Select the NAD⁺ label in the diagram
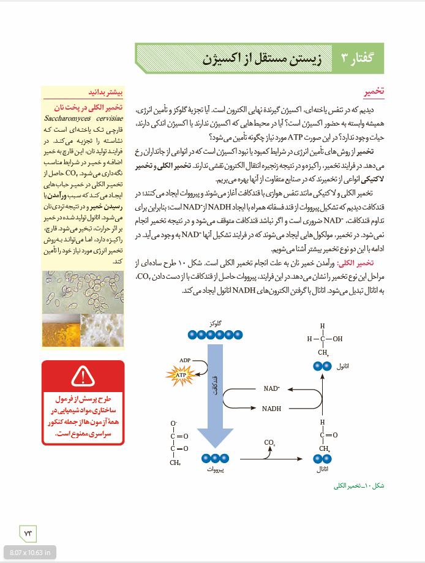point(272,388)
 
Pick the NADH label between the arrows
point(272,408)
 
